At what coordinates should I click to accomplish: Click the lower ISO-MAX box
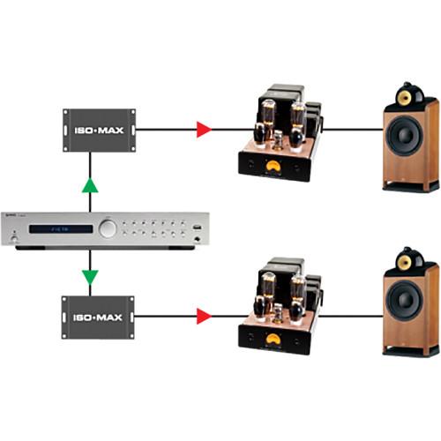pos(97,316)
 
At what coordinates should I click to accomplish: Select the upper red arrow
pos(204,131)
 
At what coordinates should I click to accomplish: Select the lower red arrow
pos(204,315)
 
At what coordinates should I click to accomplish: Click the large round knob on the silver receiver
pos(108,228)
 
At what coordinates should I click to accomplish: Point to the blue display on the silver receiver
pos(62,228)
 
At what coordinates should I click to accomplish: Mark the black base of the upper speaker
pos(410,186)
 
